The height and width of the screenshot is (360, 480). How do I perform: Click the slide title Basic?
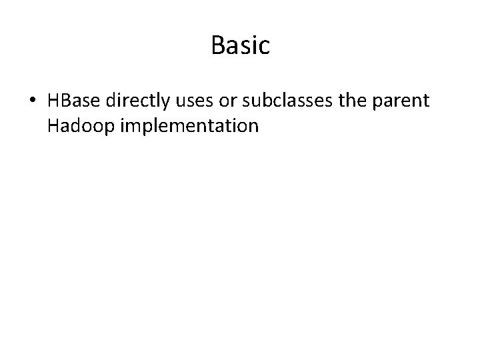coord(240,45)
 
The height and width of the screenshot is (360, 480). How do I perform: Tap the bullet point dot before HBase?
coord(33,102)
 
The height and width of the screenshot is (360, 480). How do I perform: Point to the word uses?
coord(191,102)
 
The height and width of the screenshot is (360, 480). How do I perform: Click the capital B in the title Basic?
coord(218,45)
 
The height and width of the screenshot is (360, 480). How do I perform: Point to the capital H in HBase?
coord(54,101)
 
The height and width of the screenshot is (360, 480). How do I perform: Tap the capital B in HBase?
coord(65,101)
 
